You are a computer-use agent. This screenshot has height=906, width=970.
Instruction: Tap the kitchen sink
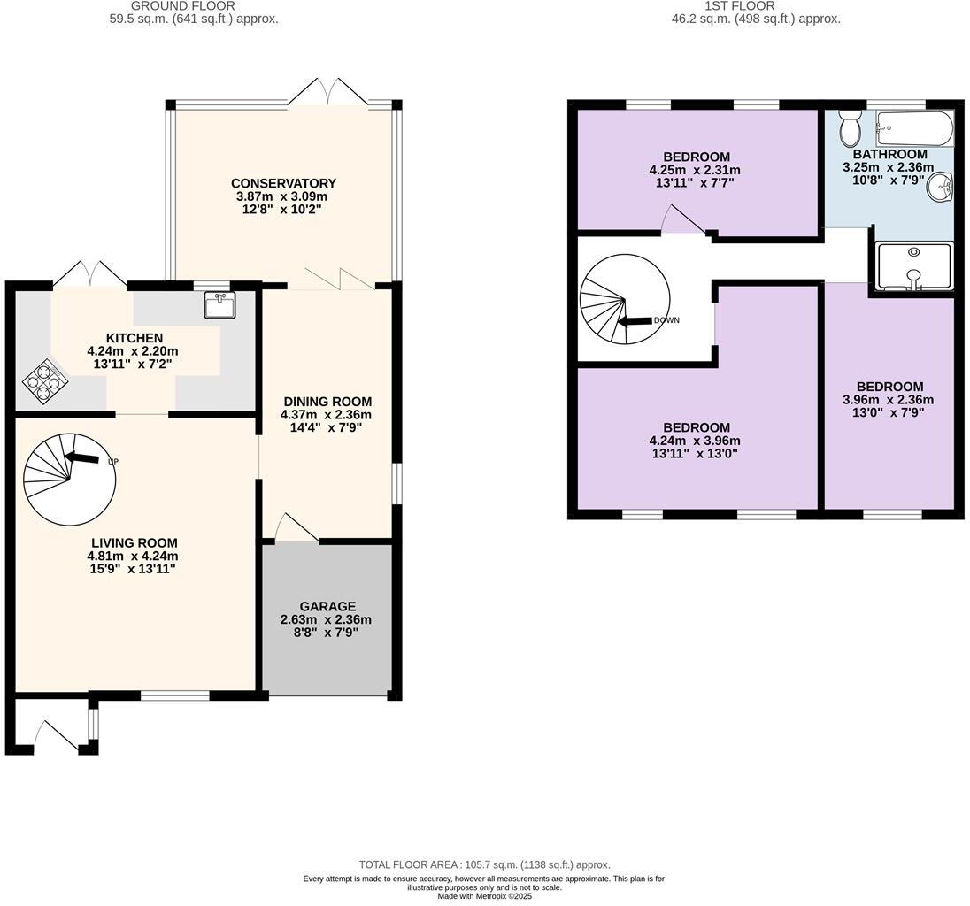tap(219, 306)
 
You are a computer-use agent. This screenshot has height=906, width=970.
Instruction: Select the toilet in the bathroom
tap(850, 130)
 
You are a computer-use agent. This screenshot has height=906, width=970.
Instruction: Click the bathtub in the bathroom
tap(914, 129)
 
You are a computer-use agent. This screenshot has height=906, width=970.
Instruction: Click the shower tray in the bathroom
tap(913, 265)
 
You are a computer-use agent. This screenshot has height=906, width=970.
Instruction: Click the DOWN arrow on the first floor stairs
tap(635, 320)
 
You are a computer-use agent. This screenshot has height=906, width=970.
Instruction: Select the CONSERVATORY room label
tap(283, 183)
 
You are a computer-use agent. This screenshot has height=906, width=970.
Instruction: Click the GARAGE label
tap(327, 606)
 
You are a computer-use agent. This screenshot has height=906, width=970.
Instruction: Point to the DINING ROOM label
tap(327, 401)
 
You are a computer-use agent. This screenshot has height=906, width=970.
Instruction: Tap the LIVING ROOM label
tap(134, 542)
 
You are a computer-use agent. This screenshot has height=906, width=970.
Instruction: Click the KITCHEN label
tap(134, 337)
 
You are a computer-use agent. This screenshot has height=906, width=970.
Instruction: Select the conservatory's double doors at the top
tap(328, 92)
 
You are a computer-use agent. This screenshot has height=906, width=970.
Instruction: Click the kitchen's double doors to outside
tap(90, 273)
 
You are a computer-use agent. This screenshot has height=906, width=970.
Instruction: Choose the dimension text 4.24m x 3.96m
tap(695, 441)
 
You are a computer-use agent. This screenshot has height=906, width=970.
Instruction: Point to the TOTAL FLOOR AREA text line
tap(484, 864)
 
